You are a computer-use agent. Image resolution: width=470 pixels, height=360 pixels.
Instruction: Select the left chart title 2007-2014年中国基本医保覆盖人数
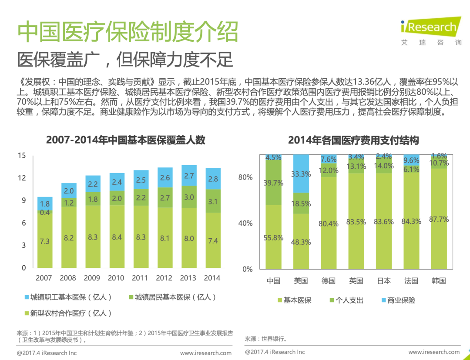coord(126,140)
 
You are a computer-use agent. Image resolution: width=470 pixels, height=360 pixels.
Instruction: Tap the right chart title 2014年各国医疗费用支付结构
coord(353,140)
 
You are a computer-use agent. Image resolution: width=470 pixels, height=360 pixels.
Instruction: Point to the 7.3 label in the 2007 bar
coord(45,241)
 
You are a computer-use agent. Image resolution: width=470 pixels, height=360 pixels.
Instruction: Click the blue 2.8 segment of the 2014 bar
coord(213,179)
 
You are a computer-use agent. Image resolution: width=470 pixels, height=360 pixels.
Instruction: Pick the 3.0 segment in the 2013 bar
coord(188,197)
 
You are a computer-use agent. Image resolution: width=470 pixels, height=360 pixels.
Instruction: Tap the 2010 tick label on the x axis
coord(116,278)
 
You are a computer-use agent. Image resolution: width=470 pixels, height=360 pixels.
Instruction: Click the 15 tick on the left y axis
coord(22,156)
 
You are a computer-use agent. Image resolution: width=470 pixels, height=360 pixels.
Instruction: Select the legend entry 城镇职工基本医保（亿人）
coord(68,297)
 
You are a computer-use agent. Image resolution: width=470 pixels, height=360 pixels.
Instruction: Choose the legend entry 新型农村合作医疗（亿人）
coord(68,313)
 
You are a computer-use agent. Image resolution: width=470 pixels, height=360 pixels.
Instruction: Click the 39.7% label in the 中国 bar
coord(273,183)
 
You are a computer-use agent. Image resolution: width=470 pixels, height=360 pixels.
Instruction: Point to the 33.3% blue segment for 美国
coord(301,174)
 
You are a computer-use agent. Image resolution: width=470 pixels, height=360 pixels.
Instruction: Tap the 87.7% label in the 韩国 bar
coord(439,220)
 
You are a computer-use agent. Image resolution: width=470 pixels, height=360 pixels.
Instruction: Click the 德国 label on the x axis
coord(329,281)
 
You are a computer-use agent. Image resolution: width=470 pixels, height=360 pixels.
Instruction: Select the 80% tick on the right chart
coord(245,177)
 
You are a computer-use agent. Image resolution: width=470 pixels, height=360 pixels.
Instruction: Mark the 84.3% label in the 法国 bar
coord(411,221)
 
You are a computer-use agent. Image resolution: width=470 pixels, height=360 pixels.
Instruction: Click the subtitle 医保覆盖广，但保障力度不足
coord(125,60)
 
